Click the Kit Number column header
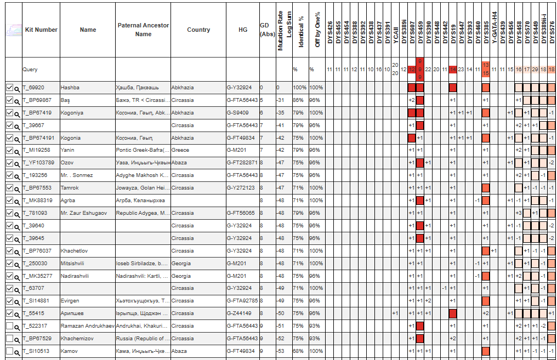click(41, 30)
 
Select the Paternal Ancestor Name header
click(143, 30)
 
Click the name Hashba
click(70, 88)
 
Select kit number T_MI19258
click(36, 150)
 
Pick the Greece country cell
click(181, 150)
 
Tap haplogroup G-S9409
click(239, 113)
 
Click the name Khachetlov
click(74, 250)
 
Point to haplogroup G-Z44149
click(240, 313)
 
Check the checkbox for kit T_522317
click(9, 326)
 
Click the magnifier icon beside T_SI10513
click(18, 352)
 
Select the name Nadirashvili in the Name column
click(76, 276)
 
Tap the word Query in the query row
click(30, 70)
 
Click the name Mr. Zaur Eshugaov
click(84, 213)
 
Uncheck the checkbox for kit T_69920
click(9, 88)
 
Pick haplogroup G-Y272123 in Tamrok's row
click(241, 188)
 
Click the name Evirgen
click(71, 301)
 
